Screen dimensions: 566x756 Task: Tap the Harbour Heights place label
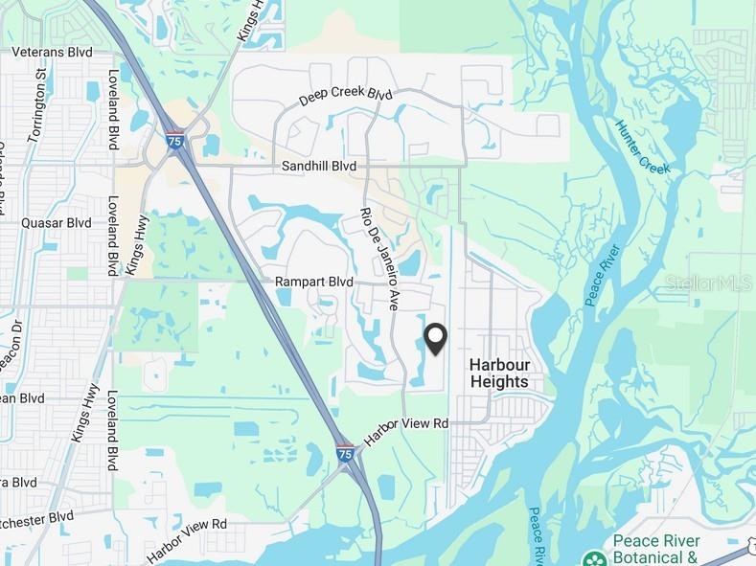tap(498, 373)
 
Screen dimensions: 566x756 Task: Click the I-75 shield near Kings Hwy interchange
tap(174, 140)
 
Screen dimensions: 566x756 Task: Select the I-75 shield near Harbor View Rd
tap(345, 453)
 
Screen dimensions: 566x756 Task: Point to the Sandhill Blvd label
tap(318, 166)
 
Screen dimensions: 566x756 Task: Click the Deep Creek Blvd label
tap(346, 97)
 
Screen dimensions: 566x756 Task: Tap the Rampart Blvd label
tap(314, 283)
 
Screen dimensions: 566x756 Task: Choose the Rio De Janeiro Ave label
tap(378, 258)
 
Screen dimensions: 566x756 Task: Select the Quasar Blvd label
tap(56, 222)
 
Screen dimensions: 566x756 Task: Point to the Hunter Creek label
tap(643, 147)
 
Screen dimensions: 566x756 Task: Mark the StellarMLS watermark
tap(709, 283)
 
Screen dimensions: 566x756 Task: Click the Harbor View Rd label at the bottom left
tap(188, 540)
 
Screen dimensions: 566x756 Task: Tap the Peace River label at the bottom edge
tap(537, 536)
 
